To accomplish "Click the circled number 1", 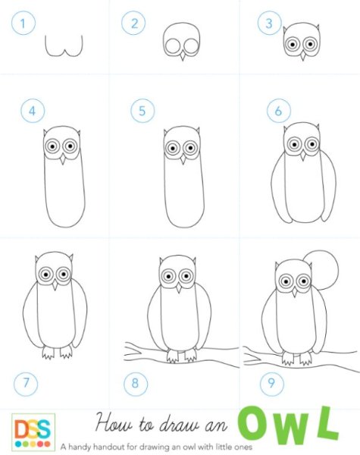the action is pyautogui.click(x=23, y=23).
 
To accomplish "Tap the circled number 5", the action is pyautogui.click(x=142, y=111).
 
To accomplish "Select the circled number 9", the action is pyautogui.click(x=272, y=383).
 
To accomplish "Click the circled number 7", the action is pyautogui.click(x=26, y=383).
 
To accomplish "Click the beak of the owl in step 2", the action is pyautogui.click(x=182, y=55).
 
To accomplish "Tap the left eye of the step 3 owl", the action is pyautogui.click(x=293, y=45).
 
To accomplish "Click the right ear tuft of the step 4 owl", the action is pyautogui.click(x=79, y=133).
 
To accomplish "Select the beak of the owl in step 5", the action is pyautogui.click(x=183, y=159).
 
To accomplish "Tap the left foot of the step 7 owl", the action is pyautogui.click(x=49, y=353).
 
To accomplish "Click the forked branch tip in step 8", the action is pyautogui.click(x=132, y=352).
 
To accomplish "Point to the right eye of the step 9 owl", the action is pyautogui.click(x=303, y=281).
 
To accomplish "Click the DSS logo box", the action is pyautogui.click(x=33, y=432).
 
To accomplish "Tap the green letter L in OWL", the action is pyautogui.click(x=327, y=423).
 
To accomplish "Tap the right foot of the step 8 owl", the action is pyautogui.click(x=190, y=355).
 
